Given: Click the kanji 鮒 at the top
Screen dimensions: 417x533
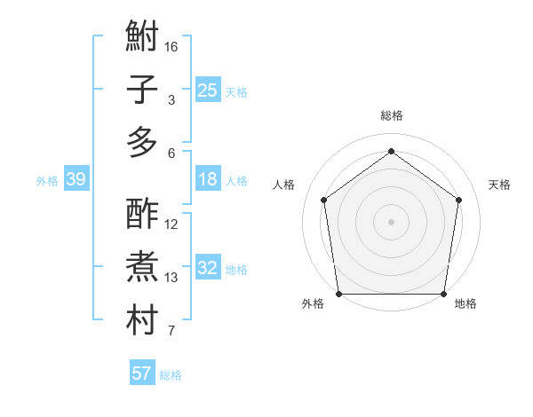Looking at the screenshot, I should pos(142,38).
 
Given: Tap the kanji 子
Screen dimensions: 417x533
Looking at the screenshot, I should pos(142,90).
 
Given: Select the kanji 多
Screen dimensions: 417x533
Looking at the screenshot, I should pos(142,142).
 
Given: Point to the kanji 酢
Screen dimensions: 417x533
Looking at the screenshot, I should pos(142,214).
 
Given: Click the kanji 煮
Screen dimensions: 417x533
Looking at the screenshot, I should pos(142,266).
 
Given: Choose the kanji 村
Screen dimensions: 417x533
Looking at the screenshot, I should pos(142,319).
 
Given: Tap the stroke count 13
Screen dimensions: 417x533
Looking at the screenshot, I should pos(171,278).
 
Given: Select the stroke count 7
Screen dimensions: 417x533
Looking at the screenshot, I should pos(171,332).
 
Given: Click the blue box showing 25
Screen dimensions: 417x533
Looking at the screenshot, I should pos(207,90).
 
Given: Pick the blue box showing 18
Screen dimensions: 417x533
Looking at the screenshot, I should pos(207,180).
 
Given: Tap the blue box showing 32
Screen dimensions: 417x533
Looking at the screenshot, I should pos(207,269).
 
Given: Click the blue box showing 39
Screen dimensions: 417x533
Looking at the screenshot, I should pos(76,180).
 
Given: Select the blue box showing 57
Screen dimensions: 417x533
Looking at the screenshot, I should pos(141,374).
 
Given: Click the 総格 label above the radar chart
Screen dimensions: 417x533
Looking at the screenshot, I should pos(391,115).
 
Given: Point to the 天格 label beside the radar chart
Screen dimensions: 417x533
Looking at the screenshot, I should pos(500,185).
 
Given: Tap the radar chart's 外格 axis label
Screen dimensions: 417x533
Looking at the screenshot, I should pos(313,303).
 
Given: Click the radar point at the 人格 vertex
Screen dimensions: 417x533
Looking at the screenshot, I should pos(323,200).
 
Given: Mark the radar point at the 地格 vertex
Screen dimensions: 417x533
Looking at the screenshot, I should pos(443,294).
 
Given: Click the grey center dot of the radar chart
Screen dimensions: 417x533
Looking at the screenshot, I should pos(391,222).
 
